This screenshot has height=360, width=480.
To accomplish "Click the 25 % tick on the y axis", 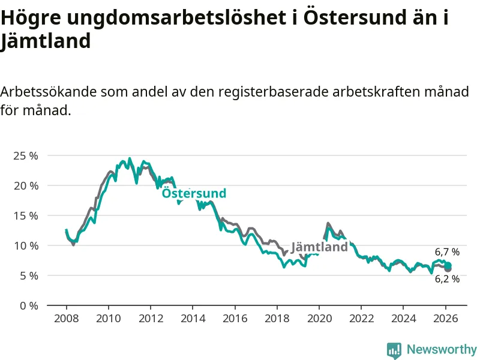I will pos(25,155).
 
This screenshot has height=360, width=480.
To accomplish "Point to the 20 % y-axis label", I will pos(25,185).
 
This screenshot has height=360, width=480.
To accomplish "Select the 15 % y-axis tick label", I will pos(25,215).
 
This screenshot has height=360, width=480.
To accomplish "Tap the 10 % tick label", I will pos(25,245).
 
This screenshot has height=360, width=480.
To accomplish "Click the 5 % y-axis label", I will pos(28,275).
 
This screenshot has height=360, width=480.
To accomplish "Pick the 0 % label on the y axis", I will pos(28,305).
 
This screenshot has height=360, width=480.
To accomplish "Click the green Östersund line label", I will pos(194,193).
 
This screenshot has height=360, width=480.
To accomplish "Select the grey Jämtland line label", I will pos(319,247).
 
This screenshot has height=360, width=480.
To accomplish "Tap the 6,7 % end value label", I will pos(447,252).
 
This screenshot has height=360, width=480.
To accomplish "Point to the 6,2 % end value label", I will pos(447,279).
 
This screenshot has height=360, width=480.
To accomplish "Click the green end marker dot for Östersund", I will pos(448,265).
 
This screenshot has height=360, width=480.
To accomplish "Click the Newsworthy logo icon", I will pos(394,350).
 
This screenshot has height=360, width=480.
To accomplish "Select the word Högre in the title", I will pos(31,18).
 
